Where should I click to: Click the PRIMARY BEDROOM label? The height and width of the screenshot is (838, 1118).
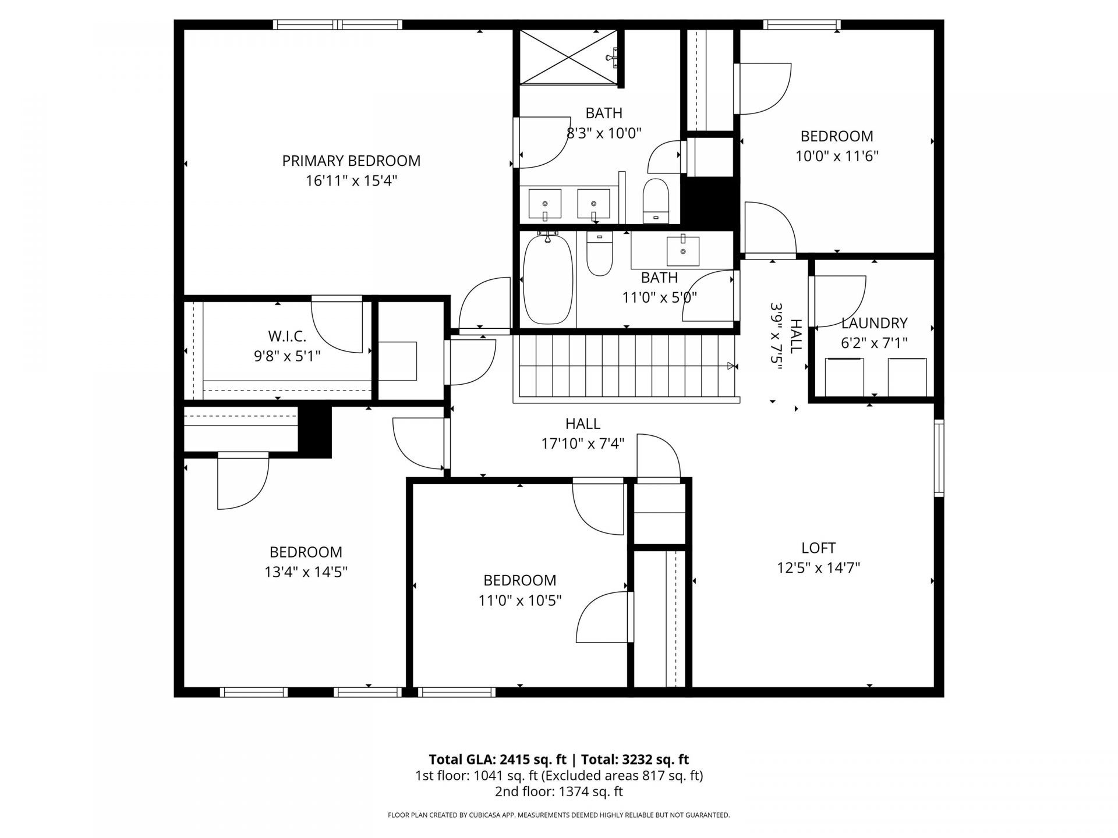click(x=351, y=161)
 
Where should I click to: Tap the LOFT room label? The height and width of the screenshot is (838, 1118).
click(x=818, y=548)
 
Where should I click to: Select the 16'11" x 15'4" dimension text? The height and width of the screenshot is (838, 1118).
click(x=351, y=181)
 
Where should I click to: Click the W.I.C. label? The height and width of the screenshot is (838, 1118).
click(x=287, y=336)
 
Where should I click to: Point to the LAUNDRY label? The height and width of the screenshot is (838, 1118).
click(x=874, y=323)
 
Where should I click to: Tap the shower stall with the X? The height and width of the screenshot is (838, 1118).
click(x=568, y=58)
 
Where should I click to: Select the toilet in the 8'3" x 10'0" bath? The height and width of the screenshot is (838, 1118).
click(x=656, y=201)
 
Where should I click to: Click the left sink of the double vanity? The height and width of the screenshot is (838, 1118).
click(x=545, y=204)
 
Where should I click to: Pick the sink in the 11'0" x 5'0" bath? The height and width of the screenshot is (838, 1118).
click(x=682, y=251)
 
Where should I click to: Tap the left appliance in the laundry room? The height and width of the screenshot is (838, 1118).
click(x=844, y=377)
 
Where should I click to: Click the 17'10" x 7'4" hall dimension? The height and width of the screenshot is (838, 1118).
click(x=583, y=444)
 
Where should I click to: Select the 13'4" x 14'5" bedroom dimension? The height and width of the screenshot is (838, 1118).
click(x=306, y=572)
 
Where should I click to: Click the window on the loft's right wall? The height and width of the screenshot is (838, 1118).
click(x=939, y=457)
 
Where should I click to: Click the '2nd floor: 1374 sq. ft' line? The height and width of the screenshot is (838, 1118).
click(x=558, y=791)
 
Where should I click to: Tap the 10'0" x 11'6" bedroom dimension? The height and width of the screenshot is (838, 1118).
click(x=837, y=156)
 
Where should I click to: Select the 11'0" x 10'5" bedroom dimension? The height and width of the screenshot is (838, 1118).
click(x=519, y=600)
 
